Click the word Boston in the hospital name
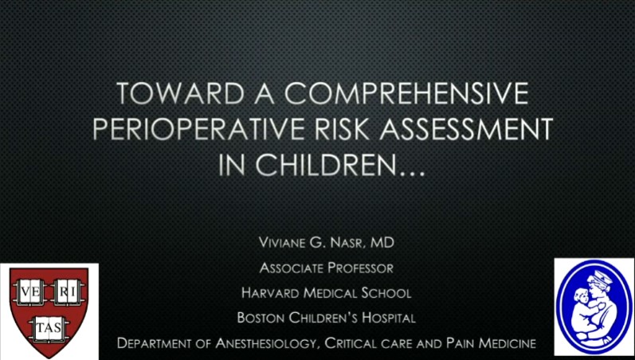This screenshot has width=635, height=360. click(263, 317)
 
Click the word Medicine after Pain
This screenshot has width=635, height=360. click(504, 342)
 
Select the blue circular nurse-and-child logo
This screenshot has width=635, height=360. click(592, 307)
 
